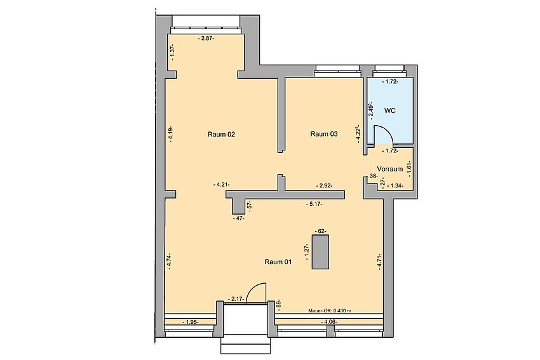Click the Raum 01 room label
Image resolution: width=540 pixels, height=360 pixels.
[x=278, y=262]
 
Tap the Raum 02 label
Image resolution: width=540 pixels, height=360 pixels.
[x=222, y=134]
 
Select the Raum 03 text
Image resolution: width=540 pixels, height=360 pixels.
[x=324, y=134]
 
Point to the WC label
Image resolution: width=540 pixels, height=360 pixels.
[x=390, y=111]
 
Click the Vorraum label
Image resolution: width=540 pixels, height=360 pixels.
[x=390, y=169]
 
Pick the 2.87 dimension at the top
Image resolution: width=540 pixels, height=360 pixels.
[x=206, y=39]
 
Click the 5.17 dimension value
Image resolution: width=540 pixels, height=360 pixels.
[x=314, y=204]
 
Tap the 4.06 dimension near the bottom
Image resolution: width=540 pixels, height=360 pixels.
[x=328, y=322]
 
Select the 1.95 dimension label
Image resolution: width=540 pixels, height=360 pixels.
[x=190, y=322]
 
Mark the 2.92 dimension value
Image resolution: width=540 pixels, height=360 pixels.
[x=324, y=186]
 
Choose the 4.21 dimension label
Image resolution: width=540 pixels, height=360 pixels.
[x=222, y=185]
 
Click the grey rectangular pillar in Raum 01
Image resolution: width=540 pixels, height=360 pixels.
[x=320, y=252]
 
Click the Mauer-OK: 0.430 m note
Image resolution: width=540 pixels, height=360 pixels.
[x=330, y=310]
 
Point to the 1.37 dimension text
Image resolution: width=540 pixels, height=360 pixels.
[x=173, y=52]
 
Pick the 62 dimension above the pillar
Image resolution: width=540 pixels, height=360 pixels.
[x=321, y=231]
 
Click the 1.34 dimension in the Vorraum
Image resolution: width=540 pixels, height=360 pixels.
[x=395, y=186]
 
